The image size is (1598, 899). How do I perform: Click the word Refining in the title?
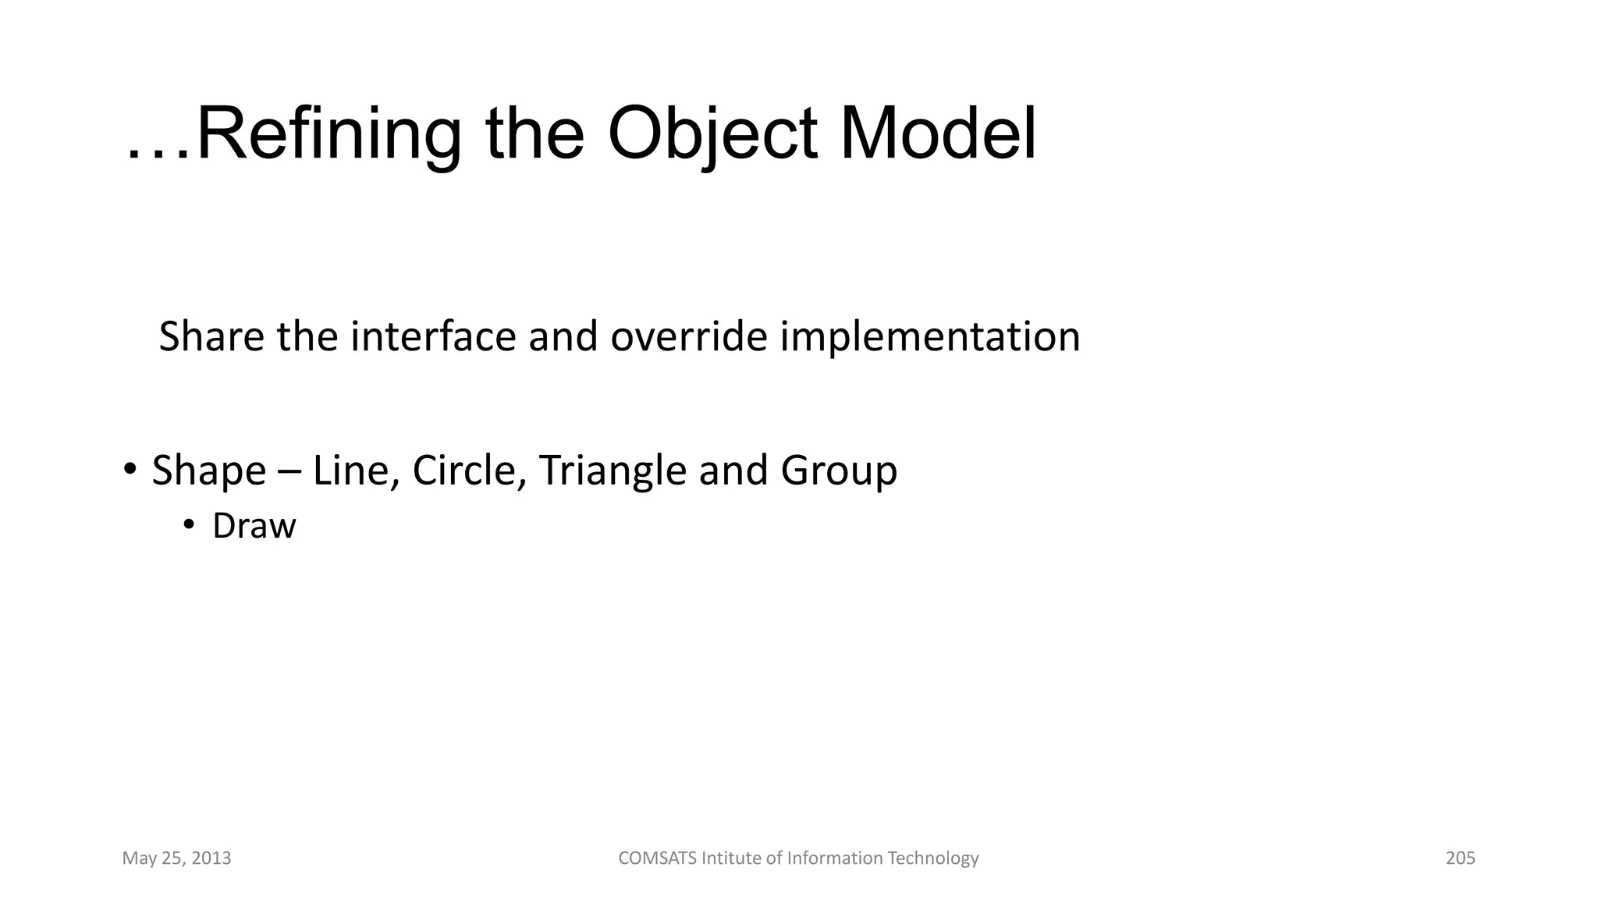coord(328,134)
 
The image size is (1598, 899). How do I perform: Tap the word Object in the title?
coord(712,134)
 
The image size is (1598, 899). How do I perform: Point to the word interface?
coord(433,337)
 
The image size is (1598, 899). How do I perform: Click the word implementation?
coord(930,337)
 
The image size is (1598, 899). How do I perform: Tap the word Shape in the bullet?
coord(208,471)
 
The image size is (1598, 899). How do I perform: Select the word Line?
coord(357,471)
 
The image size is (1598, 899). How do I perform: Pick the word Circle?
coord(469,471)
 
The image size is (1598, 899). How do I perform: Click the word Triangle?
coord(613,471)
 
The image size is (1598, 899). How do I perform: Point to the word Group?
coord(839,471)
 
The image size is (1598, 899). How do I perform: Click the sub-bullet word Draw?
coord(254,526)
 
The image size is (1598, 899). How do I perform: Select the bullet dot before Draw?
coord(188,525)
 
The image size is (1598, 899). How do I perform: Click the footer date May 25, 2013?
coord(176,858)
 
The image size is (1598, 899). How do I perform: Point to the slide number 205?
coord(1460,858)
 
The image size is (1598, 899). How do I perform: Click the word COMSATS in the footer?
coord(657,858)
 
